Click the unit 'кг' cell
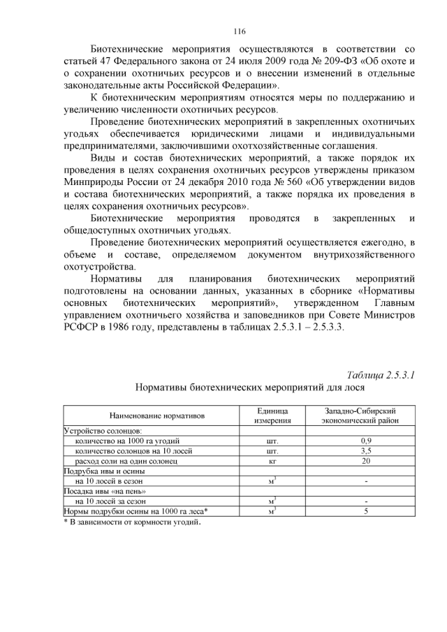[272, 461]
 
